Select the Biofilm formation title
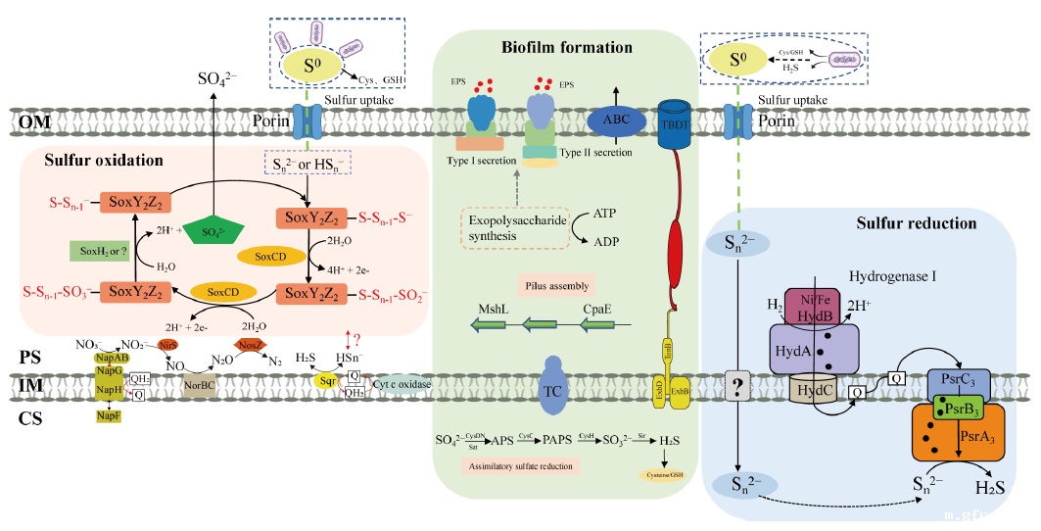tap(567, 47)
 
